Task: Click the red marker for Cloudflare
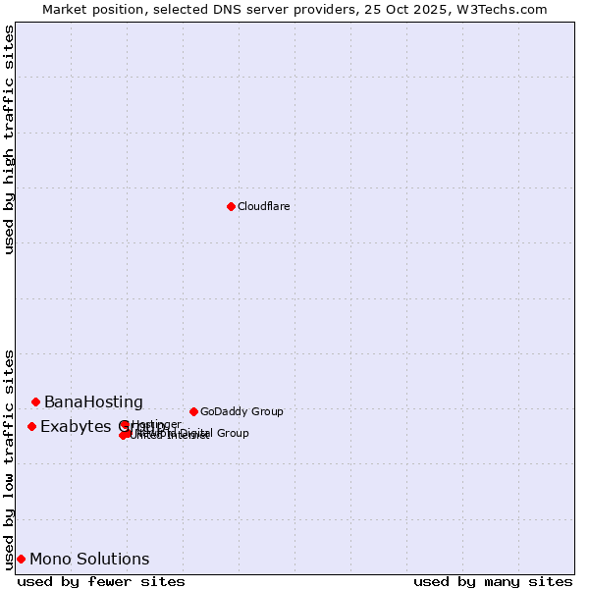click(x=231, y=206)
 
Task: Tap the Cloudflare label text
click(x=263, y=206)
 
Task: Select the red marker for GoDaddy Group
click(x=193, y=411)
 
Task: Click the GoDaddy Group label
click(x=241, y=411)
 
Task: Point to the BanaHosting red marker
click(x=35, y=402)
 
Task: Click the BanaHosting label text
click(x=93, y=402)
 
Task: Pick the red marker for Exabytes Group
click(x=31, y=426)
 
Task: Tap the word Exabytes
click(x=74, y=426)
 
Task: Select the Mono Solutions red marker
click(x=21, y=559)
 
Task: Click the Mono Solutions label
click(x=89, y=560)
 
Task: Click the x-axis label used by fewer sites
click(x=101, y=581)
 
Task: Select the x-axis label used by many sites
click(x=493, y=581)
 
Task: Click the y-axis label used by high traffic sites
click(x=10, y=139)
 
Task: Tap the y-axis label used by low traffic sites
click(x=10, y=458)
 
